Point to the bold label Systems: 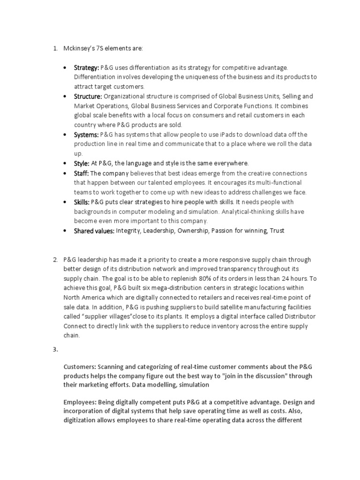pos(86,135)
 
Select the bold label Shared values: pos(94,231)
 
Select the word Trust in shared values pos(277,231)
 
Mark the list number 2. pos(55,260)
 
